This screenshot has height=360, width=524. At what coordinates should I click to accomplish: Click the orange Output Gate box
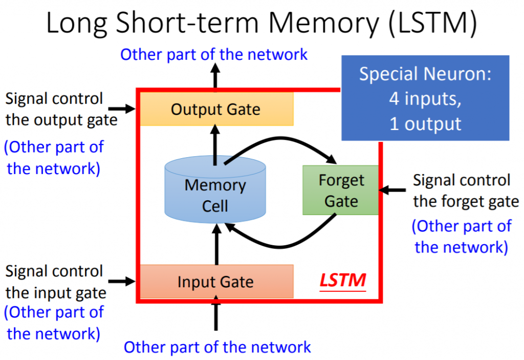pos(215,109)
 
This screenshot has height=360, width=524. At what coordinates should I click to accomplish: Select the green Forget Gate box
pos(341,190)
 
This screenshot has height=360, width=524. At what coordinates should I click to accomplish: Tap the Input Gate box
pos(215,282)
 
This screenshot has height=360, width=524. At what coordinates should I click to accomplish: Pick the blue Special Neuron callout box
pos(425,98)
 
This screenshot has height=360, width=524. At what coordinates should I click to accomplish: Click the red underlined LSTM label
pos(343,281)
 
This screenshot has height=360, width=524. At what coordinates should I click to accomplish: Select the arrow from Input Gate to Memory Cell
pos(215,245)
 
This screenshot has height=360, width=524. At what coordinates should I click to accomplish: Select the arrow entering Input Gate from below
pos(215,315)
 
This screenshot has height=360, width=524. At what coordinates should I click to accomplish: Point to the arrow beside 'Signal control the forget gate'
pos(394,190)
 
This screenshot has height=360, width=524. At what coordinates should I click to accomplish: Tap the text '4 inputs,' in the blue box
pos(425,99)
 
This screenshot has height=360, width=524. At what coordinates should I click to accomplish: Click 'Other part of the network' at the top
pos(214,54)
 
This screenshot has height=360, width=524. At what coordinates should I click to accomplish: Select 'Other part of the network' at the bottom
pos(217,347)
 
